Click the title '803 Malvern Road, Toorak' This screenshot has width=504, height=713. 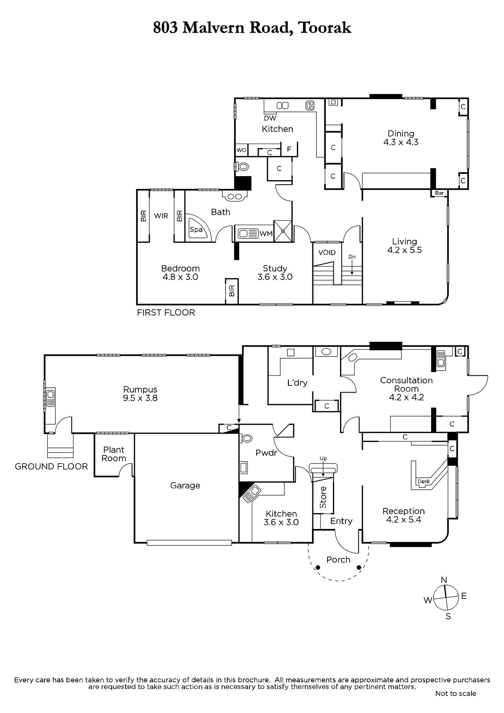[x=252, y=28]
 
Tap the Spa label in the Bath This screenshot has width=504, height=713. [x=196, y=229]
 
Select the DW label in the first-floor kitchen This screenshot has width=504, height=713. [x=270, y=118]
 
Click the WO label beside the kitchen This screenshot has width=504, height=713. [x=242, y=150]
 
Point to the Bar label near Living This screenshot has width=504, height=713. [x=439, y=193]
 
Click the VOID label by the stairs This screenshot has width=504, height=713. [x=327, y=252]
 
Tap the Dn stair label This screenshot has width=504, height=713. [x=352, y=257]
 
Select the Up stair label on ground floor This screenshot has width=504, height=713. [x=323, y=459]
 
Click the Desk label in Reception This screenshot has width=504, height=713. [x=424, y=481]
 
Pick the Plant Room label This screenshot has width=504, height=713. [x=114, y=454]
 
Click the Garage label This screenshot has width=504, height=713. [x=185, y=485]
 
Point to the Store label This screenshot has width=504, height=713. [x=323, y=497]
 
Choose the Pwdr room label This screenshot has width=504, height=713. [x=266, y=453]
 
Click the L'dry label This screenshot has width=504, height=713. [x=297, y=383]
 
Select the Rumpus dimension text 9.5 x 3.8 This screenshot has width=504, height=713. [x=140, y=398]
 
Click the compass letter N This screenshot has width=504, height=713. [x=444, y=580]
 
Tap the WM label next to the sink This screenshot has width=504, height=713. [x=266, y=234]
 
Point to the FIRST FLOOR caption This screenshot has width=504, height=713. [x=166, y=312]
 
